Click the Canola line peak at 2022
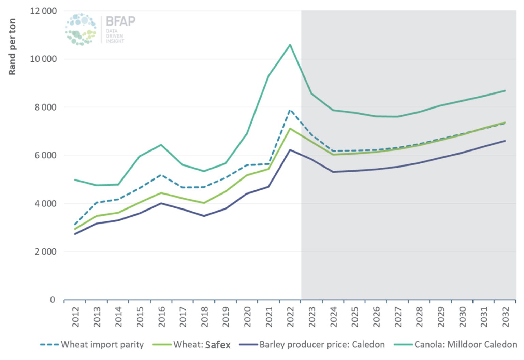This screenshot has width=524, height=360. (x=290, y=45)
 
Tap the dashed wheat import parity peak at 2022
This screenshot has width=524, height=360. (x=290, y=110)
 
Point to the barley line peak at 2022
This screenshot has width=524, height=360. (x=290, y=150)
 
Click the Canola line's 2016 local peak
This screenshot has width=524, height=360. (x=161, y=145)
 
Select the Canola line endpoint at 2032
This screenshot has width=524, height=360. (x=505, y=91)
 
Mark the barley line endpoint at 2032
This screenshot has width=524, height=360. (x=505, y=141)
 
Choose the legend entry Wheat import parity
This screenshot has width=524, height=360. (x=92, y=345)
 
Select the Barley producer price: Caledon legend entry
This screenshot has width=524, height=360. (x=312, y=345)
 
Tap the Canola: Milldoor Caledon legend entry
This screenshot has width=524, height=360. (x=456, y=345)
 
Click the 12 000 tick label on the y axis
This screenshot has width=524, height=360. (x=43, y=11)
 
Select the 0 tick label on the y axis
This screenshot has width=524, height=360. (x=52, y=300)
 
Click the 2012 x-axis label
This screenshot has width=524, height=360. (x=75, y=317)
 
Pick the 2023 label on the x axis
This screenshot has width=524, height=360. (x=312, y=317)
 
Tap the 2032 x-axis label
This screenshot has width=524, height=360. (x=505, y=317)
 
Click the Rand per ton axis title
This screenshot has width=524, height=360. (x=12, y=47)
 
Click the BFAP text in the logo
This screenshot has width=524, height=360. (x=120, y=21)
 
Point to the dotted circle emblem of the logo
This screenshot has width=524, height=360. (x=81, y=29)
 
